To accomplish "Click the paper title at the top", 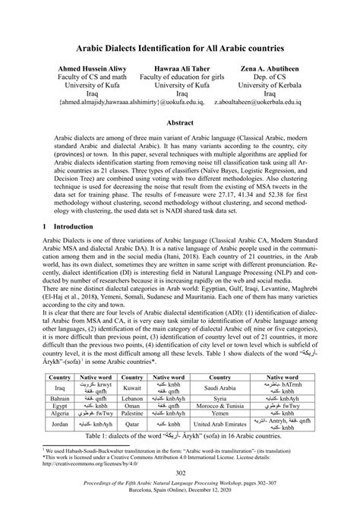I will coord(179,48).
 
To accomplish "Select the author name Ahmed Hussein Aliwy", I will coord(84,68).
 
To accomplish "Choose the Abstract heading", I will coord(180,121).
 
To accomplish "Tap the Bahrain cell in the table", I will coord(60,397).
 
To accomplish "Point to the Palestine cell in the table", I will coord(131,416).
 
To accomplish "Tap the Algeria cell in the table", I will coord(60,416).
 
